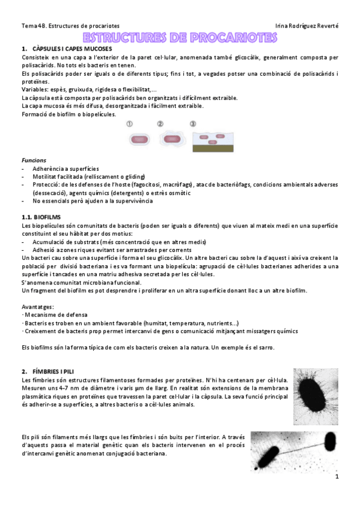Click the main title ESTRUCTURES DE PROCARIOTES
pyautogui.click(x=180, y=38)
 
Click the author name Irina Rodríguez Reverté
pyautogui.click(x=306, y=26)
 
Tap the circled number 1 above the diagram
pyautogui.click(x=130, y=124)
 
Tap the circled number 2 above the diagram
pyautogui.click(x=160, y=124)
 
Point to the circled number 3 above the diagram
pyautogui.click(x=192, y=124)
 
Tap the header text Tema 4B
pyautogui.click(x=33, y=26)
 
